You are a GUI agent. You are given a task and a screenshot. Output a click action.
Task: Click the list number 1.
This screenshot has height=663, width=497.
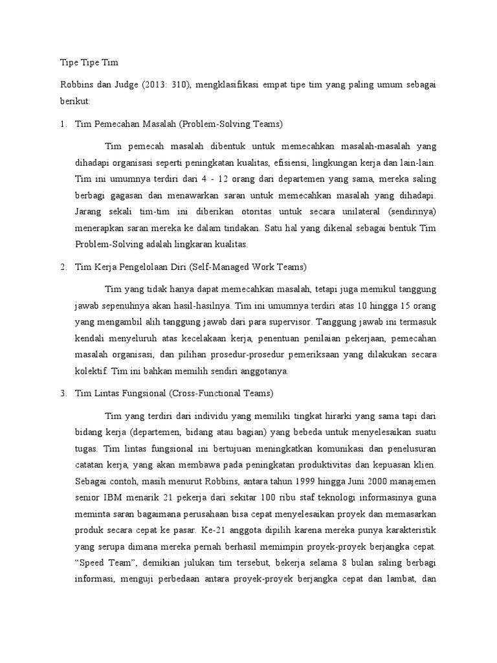[x=63, y=123]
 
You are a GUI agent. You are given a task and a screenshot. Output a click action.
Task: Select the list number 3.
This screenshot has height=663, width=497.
[x=63, y=393]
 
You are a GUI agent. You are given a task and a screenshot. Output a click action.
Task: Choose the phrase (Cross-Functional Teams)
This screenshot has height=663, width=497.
[x=223, y=393]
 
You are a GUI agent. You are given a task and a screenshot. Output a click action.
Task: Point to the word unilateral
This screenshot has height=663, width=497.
[x=355, y=211]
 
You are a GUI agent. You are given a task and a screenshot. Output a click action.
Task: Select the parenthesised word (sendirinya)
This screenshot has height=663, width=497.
[x=411, y=211]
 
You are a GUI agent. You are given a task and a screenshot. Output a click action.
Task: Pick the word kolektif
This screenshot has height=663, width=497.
[x=92, y=371]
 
